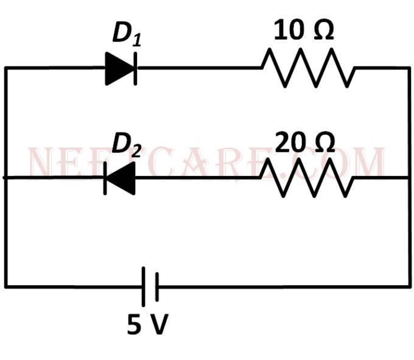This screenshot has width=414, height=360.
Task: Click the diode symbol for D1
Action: point(121,68)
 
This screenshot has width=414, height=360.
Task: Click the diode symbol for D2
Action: point(120,178)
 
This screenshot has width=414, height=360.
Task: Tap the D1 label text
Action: point(126,35)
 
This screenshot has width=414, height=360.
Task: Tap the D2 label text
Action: point(126,144)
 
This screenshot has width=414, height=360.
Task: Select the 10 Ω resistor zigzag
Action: point(308,68)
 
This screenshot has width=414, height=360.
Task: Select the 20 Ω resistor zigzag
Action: point(307,178)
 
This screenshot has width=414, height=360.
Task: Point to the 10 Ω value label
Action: point(304,30)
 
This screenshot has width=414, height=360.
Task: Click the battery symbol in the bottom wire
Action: point(150,286)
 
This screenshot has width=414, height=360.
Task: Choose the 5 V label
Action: point(147,326)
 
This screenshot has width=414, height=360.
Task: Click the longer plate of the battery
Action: point(144,286)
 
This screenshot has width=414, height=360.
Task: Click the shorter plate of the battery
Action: point(156,286)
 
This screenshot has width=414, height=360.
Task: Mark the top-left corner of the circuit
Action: point(5,68)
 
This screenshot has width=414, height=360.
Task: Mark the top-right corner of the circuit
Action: point(409,68)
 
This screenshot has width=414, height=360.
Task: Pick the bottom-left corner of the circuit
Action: point(5,286)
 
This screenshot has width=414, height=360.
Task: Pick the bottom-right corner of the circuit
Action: point(409,286)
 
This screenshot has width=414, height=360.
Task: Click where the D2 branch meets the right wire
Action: point(409,178)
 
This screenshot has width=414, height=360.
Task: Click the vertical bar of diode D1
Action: point(135,68)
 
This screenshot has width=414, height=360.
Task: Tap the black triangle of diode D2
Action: point(122,178)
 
